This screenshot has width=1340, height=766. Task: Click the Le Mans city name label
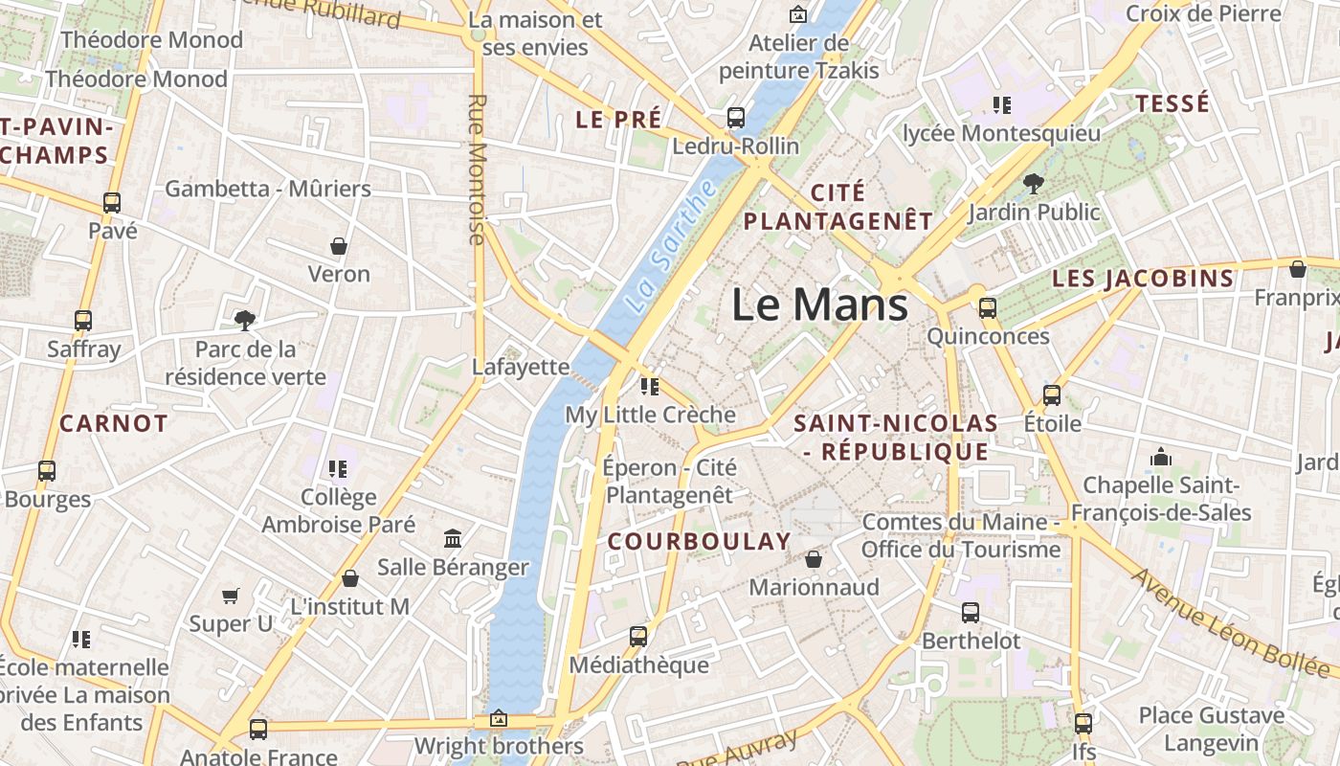pos(819,305)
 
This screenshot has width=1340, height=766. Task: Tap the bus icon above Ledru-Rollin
pos(736,118)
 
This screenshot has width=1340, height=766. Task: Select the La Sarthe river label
pos(670,245)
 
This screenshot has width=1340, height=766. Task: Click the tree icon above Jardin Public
pos(1033,183)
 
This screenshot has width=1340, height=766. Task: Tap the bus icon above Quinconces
pos(987,308)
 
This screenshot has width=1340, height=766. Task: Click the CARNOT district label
pos(114,423)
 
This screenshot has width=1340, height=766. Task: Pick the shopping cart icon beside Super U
pos(231,597)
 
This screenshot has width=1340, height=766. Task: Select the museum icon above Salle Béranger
pos(453,539)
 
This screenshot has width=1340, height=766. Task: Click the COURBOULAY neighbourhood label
pos(700,542)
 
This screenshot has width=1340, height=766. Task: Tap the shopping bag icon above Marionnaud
pos(814,558)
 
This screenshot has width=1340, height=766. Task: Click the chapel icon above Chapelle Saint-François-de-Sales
pos(1161,457)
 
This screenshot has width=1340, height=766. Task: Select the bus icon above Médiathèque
pos(638,636)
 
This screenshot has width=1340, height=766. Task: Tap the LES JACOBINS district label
pos(1143,279)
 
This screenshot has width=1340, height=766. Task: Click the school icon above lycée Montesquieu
pos(1002,104)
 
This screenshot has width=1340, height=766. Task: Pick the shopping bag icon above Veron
pos(339,246)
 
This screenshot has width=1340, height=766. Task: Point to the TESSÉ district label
pos(1172,103)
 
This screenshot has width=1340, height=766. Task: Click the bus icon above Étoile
pos(1052,394)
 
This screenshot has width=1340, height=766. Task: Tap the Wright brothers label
pos(499,746)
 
